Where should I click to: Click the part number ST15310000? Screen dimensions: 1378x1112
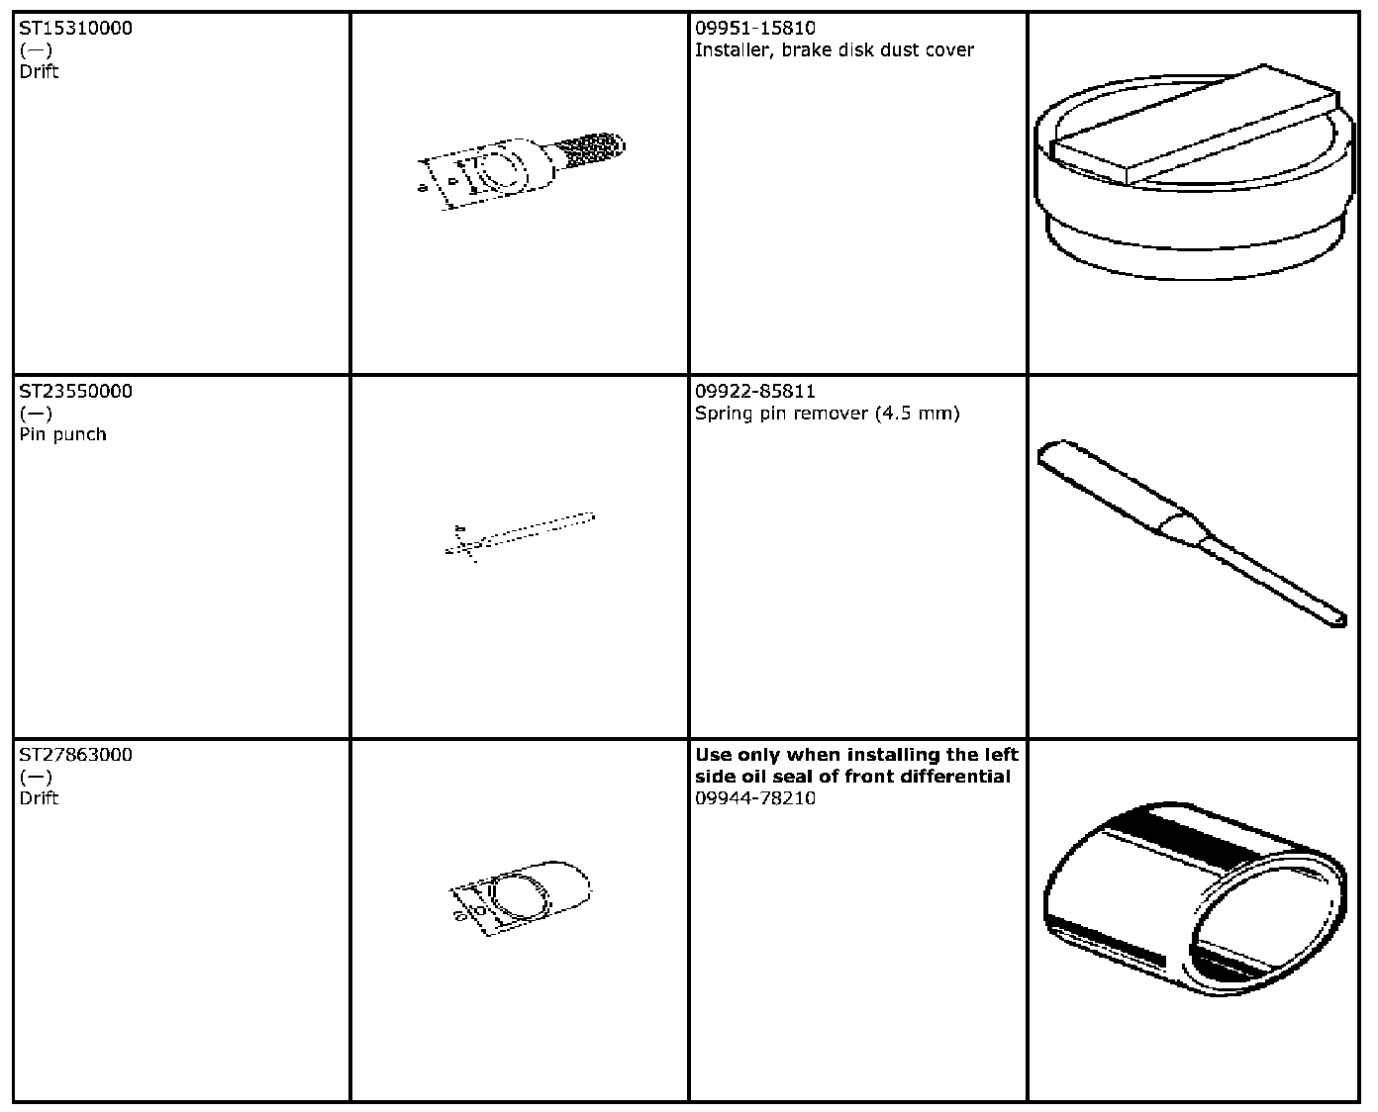(75, 28)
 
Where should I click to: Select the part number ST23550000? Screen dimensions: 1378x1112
(75, 391)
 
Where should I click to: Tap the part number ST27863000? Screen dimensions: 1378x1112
(75, 755)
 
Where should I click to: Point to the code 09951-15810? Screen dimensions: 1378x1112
(755, 28)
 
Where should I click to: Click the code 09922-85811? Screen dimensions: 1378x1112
(755, 391)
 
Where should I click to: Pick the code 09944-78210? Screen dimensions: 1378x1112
(755, 797)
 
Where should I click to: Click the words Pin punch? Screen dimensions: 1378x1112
(62, 434)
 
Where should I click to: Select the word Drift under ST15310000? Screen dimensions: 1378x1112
(39, 71)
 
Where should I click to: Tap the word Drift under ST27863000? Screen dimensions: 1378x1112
(39, 797)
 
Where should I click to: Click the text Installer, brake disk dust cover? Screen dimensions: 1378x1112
(834, 49)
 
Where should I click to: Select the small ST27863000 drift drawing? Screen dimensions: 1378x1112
(520, 898)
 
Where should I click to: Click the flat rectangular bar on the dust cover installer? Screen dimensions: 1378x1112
(1194, 126)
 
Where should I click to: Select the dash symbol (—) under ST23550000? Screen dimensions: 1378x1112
(36, 414)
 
